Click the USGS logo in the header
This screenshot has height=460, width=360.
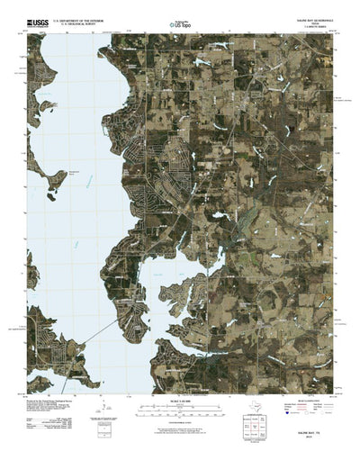[x=38, y=19]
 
